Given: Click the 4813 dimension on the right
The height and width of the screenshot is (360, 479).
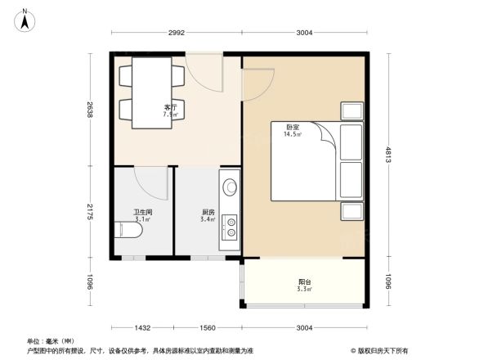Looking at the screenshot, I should pos(388,155).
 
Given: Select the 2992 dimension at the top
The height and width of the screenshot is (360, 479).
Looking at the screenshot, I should pos(178,34).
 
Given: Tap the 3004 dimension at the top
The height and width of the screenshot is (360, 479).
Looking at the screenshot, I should pos(304,34).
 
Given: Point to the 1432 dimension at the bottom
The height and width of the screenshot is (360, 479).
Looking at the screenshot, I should pos(143,327).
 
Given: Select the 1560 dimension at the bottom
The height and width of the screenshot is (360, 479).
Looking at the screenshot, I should pos(208,327).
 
